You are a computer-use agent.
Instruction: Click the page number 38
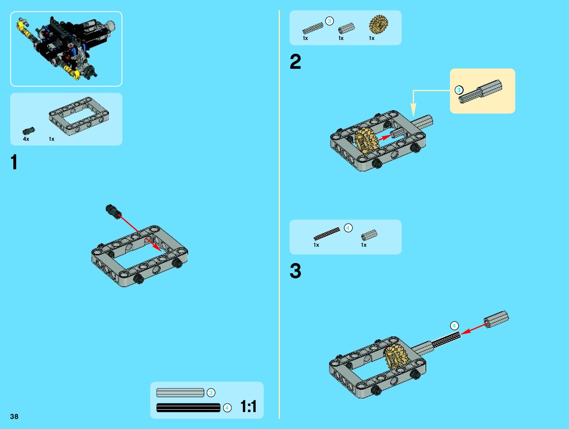click(x=14, y=416)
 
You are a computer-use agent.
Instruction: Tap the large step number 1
click(x=14, y=162)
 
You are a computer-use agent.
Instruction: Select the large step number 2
click(x=295, y=62)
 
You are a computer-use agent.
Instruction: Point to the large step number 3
click(x=295, y=271)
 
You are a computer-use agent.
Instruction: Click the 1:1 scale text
click(x=248, y=406)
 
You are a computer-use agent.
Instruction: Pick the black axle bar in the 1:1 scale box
click(x=188, y=408)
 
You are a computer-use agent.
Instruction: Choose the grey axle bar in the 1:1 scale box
click(x=180, y=393)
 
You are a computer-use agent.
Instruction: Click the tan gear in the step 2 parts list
click(x=378, y=24)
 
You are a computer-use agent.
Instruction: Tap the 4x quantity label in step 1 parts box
click(x=26, y=139)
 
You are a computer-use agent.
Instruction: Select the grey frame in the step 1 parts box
click(x=79, y=116)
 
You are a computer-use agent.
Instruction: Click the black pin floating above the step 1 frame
click(x=114, y=211)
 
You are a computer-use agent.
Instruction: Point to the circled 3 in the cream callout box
click(x=459, y=90)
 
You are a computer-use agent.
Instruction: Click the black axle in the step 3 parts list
click(x=327, y=233)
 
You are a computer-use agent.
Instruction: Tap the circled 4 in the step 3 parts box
click(x=348, y=228)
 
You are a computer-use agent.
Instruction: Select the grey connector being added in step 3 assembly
click(x=496, y=319)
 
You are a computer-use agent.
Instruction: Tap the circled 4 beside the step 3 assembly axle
click(x=454, y=326)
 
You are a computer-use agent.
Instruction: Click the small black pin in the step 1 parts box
click(x=28, y=130)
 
